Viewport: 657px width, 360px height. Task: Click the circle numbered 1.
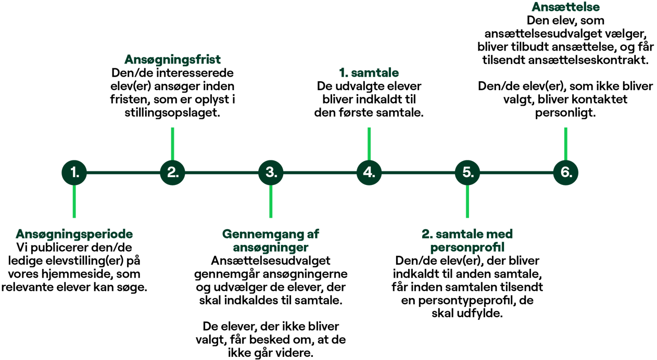click(x=74, y=172)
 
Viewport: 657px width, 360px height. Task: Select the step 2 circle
click(x=172, y=172)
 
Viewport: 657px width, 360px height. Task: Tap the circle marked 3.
click(x=271, y=172)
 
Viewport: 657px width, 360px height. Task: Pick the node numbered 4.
click(x=369, y=172)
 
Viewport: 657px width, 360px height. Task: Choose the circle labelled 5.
click(x=468, y=172)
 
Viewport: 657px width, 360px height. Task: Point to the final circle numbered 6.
click(x=566, y=172)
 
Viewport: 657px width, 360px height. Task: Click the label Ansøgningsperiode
click(x=74, y=234)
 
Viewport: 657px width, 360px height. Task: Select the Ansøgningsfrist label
click(x=172, y=59)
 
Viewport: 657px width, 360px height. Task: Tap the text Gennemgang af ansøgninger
click(x=271, y=240)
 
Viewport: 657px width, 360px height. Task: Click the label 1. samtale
click(x=369, y=72)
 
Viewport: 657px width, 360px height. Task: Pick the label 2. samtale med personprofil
click(x=468, y=240)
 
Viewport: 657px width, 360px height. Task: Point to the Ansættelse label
click(x=565, y=7)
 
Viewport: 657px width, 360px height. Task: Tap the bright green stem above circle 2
click(x=172, y=142)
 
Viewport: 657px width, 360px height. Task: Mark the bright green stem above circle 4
click(x=369, y=142)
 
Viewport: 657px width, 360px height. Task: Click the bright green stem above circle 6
click(x=566, y=142)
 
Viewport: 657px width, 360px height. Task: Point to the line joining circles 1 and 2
click(x=123, y=172)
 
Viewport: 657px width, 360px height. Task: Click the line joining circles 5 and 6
click(x=516, y=172)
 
